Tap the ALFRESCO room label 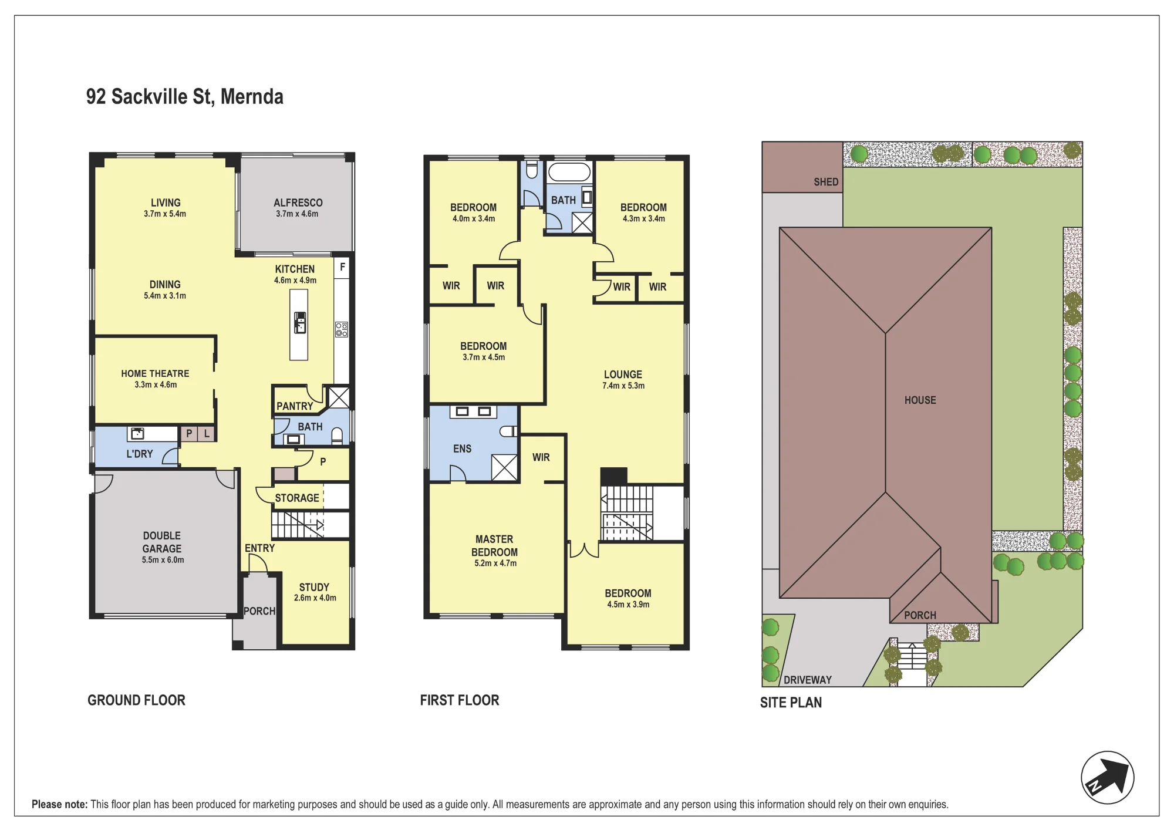[298, 203]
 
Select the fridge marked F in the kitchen [342, 268]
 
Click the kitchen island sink [300, 322]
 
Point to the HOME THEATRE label [155, 373]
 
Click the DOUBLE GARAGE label [162, 542]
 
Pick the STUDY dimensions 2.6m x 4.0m [315, 598]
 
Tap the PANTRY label [295, 406]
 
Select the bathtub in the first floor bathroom [569, 172]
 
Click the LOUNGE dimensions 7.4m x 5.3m [623, 386]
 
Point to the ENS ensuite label [462, 448]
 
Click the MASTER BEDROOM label [495, 546]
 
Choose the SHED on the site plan [802, 167]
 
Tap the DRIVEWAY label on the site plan [808, 680]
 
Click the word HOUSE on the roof [920, 400]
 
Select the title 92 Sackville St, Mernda [185, 97]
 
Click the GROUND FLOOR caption [136, 700]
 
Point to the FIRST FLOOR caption [460, 700]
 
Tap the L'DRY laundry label [140, 454]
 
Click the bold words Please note [60, 804]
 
